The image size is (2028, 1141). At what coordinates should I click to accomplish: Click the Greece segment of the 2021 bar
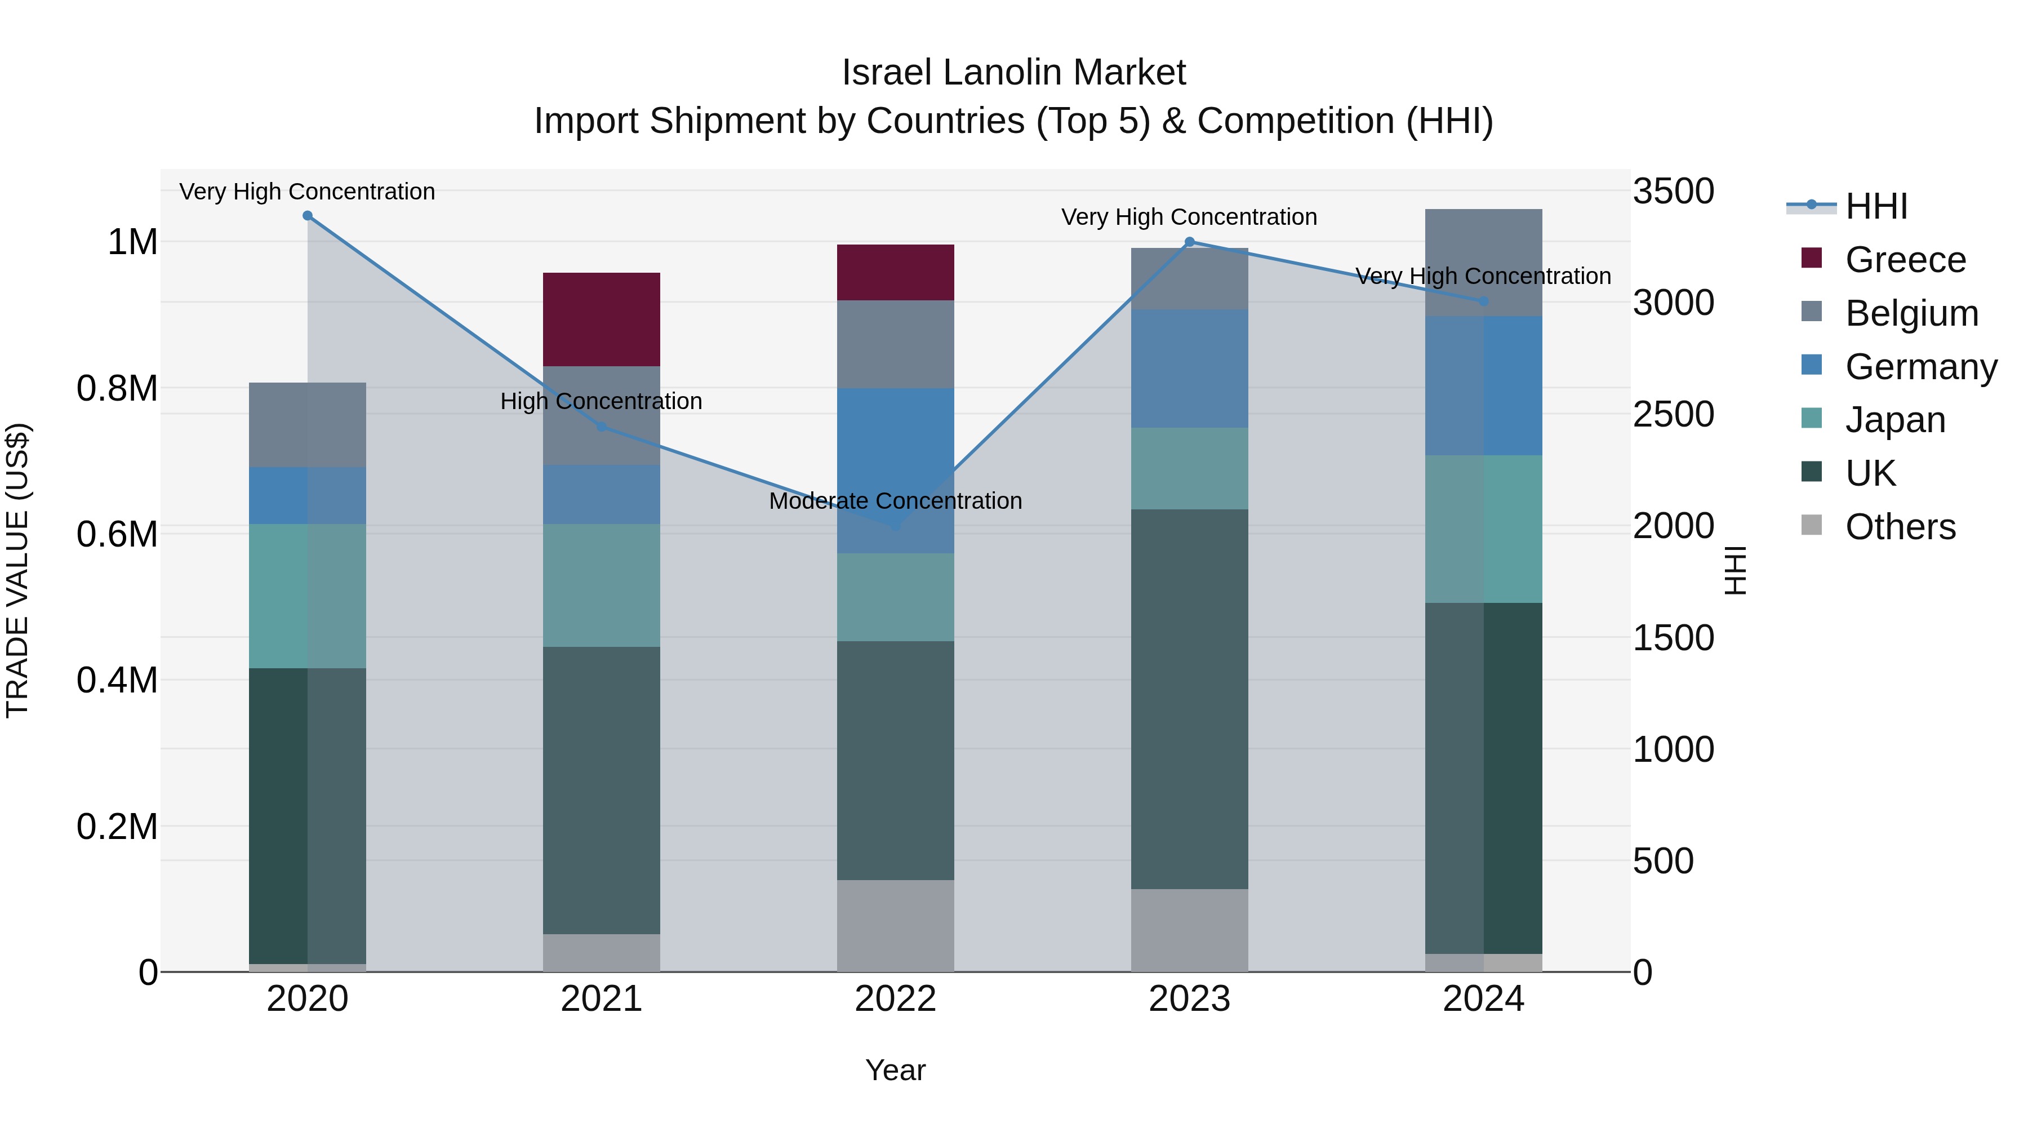pos(602,319)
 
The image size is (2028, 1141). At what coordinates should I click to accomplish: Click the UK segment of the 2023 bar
pos(1189,699)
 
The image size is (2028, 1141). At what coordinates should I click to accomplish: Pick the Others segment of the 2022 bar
pos(895,925)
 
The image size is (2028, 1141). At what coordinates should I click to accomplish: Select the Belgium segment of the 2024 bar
pos(1483,262)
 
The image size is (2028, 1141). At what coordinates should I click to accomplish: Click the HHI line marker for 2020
pos(308,216)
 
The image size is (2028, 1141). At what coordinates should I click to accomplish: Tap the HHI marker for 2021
pos(602,427)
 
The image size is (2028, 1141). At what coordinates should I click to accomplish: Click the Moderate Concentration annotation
pos(895,501)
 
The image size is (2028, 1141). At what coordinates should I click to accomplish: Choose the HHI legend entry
pos(1876,206)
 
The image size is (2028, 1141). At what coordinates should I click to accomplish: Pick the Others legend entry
pos(1900,527)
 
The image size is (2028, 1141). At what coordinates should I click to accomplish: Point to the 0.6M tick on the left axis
pos(117,535)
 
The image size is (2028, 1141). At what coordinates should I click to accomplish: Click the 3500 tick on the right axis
pos(1673,192)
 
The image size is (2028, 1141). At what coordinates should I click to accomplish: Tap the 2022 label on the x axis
pos(895,999)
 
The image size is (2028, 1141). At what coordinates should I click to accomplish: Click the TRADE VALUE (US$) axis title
pos(18,570)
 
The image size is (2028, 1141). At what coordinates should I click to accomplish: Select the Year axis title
pos(895,1070)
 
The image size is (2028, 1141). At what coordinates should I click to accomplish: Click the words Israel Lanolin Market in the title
pos(1013,73)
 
